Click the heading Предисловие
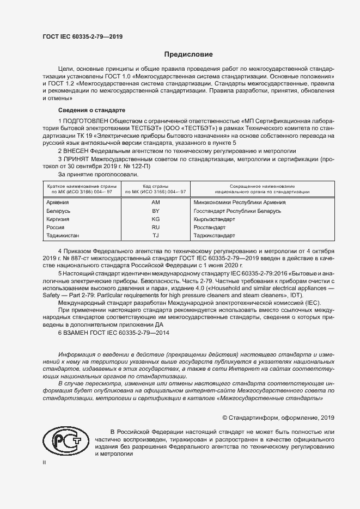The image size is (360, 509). pyautogui.click(x=189, y=54)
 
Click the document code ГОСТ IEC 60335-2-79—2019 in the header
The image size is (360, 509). pyautogui.click(x=82, y=36)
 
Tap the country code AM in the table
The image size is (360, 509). pyautogui.click(x=155, y=201)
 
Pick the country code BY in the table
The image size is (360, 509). pyautogui.click(x=155, y=210)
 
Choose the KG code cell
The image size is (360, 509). pyautogui.click(x=155, y=219)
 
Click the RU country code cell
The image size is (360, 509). pyautogui.click(x=155, y=227)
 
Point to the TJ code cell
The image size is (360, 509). pyautogui.click(x=155, y=236)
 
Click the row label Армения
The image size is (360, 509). pyautogui.click(x=59, y=201)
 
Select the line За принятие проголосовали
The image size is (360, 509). pyautogui.click(x=94, y=175)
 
